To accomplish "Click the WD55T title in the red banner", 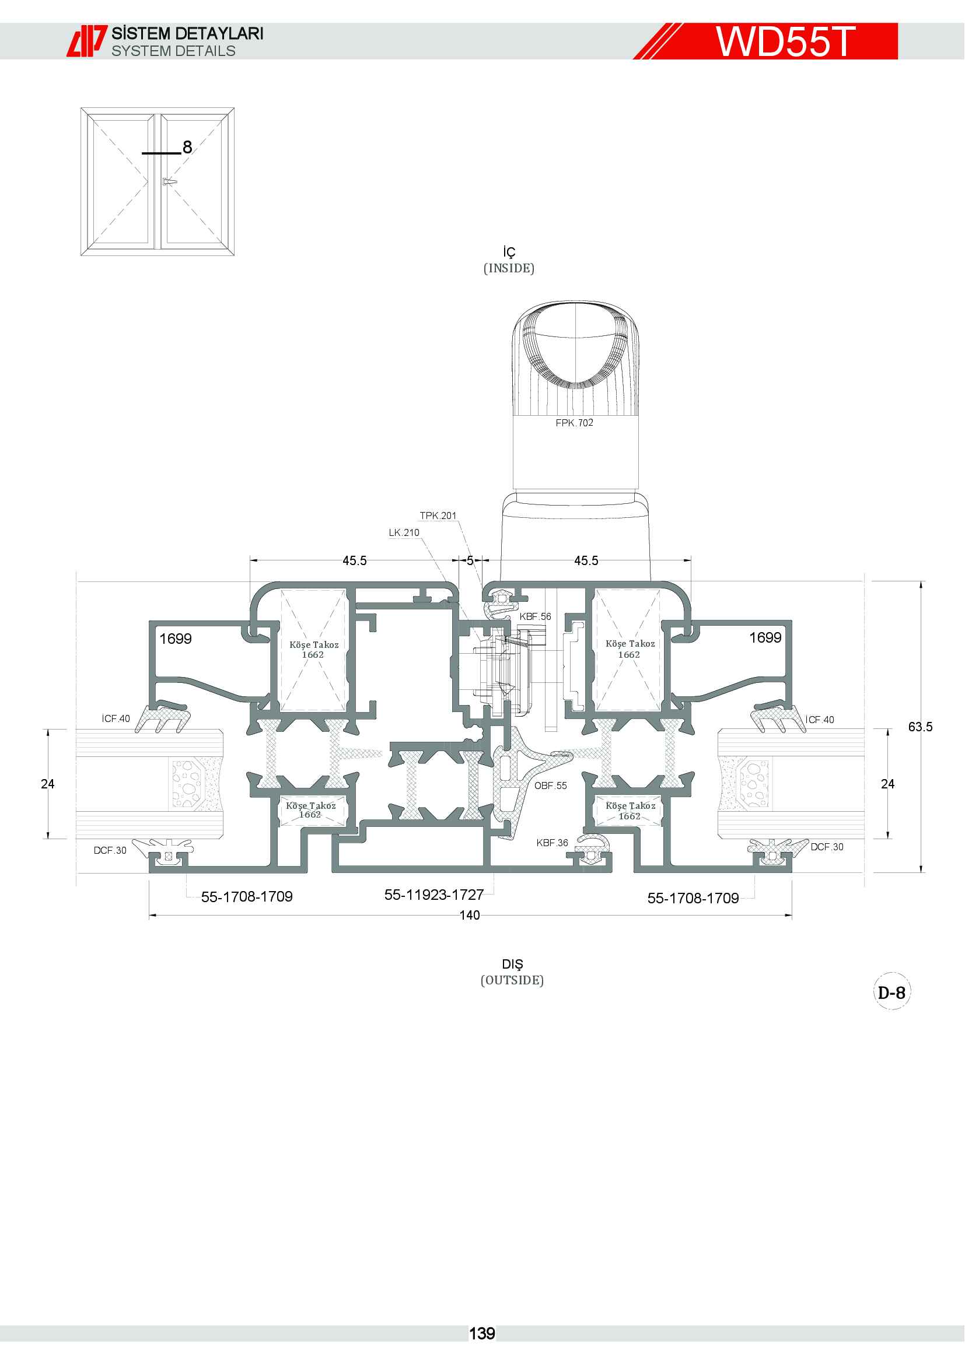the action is [785, 41].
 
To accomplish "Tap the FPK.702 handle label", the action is [574, 423].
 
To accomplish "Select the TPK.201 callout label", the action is [438, 516].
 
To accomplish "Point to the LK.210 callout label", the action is [404, 533].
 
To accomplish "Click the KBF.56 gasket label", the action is [536, 616].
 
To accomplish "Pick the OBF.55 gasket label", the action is [550, 786].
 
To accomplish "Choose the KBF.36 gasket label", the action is [552, 843].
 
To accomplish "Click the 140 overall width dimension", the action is [470, 915].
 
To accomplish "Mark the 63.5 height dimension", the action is [920, 727].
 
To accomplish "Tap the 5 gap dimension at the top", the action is [470, 560].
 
